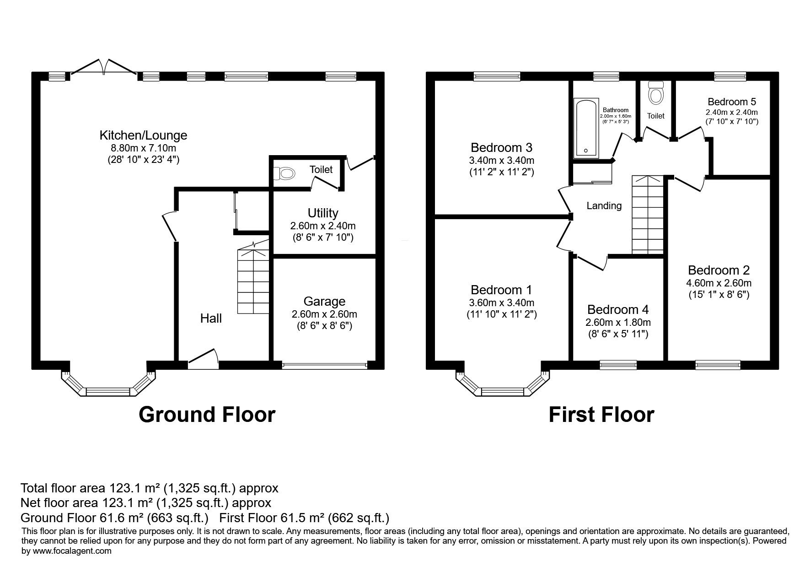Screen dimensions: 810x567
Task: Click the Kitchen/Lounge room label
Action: [143, 135]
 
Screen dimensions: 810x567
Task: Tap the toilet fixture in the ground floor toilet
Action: [284, 173]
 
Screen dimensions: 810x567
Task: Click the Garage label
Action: [324, 301]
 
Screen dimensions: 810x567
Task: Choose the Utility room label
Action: [323, 213]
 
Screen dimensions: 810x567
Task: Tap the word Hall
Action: [211, 319]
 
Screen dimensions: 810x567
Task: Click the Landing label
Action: [604, 206]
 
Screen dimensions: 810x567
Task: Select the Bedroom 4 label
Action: [618, 310]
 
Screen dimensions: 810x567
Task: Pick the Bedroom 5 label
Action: [732, 102]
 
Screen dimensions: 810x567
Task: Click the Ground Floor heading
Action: [207, 415]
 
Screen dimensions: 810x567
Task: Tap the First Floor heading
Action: [601, 415]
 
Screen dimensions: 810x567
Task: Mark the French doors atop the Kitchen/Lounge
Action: [104, 67]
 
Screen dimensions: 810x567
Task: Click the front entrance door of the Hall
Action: [203, 359]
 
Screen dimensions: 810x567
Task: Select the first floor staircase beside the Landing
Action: [648, 215]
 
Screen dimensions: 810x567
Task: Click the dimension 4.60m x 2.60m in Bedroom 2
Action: [719, 283]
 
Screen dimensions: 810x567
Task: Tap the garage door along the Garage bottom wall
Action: [324, 365]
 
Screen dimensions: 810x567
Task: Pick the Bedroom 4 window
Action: [618, 365]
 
